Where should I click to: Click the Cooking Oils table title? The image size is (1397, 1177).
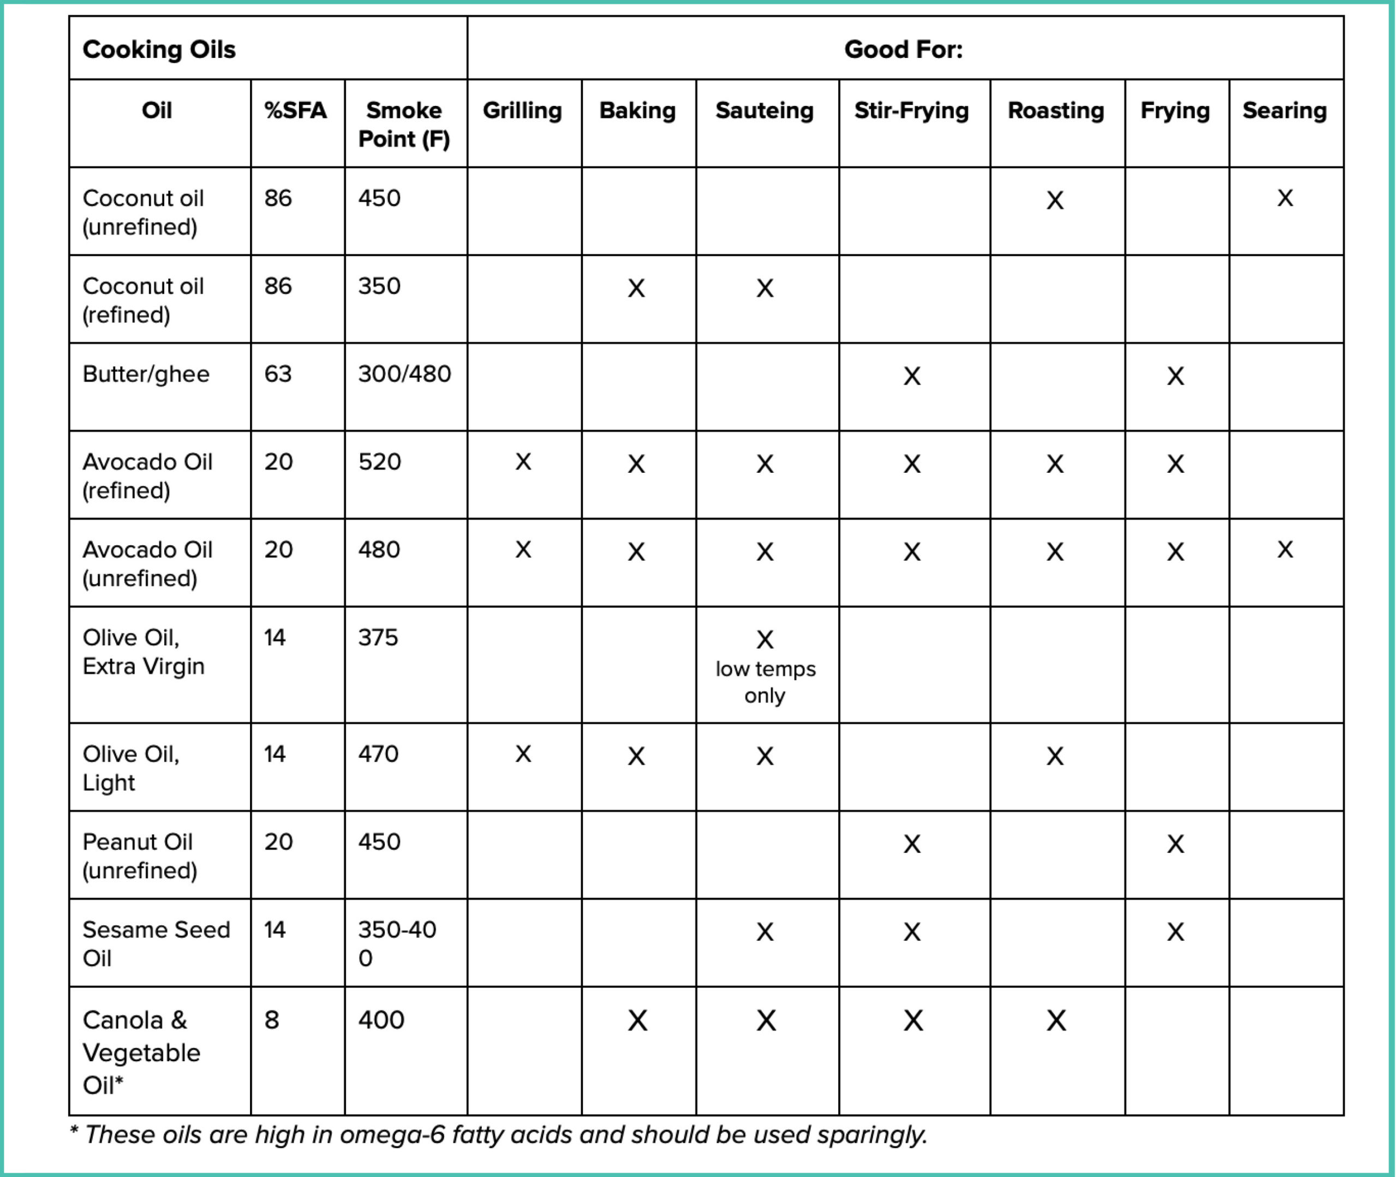click(x=159, y=49)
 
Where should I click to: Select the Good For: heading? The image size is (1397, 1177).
click(x=903, y=49)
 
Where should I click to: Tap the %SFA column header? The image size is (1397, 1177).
click(x=295, y=110)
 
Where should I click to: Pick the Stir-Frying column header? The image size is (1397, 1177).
click(x=911, y=110)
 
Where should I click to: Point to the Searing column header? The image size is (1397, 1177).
click(x=1283, y=110)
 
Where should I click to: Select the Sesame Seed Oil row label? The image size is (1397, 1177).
click(x=156, y=943)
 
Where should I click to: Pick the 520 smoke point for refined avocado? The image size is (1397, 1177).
click(x=379, y=462)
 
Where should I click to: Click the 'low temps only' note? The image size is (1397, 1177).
click(x=765, y=682)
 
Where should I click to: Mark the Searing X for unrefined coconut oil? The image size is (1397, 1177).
click(x=1284, y=198)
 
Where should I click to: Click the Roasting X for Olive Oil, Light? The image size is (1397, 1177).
click(x=1054, y=756)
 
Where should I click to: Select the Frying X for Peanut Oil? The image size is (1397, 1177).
click(x=1175, y=844)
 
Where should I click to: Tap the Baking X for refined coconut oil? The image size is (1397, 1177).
click(x=636, y=288)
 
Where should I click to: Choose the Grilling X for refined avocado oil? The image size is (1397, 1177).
click(x=523, y=462)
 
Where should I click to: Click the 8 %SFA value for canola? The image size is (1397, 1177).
click(x=271, y=1020)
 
